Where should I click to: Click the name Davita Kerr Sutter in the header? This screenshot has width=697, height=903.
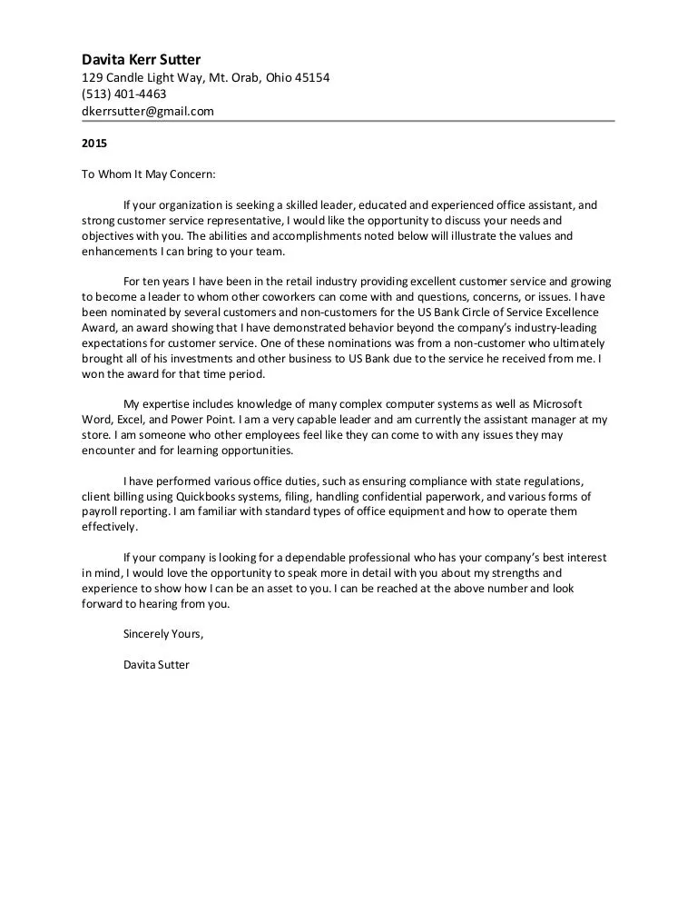[142, 60]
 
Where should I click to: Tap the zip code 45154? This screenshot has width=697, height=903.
[310, 77]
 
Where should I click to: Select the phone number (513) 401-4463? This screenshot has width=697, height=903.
[124, 94]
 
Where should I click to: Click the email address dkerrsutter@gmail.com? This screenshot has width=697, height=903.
[148, 112]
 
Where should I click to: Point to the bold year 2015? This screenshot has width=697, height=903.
[94, 143]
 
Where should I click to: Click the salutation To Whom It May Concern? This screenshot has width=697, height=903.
[149, 174]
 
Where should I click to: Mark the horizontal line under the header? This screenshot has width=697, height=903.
[348, 121]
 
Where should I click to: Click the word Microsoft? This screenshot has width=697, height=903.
[557, 402]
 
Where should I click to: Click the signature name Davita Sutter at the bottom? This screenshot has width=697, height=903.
[156, 664]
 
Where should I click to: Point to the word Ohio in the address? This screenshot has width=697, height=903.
[280, 77]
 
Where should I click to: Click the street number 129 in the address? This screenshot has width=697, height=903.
[92, 77]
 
